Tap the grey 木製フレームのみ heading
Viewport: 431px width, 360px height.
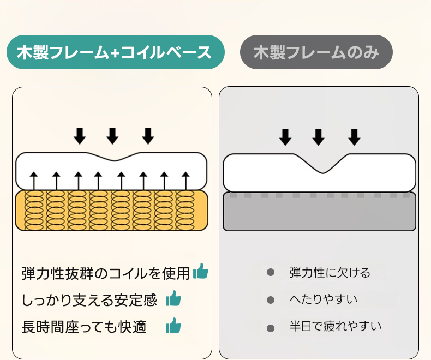[x=316, y=52]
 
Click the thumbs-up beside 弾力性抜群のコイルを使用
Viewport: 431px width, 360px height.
[x=201, y=271]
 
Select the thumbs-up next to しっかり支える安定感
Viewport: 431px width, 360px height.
[x=173, y=298]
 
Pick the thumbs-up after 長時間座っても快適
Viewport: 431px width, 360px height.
[x=173, y=326]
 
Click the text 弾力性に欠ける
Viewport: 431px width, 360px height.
[x=330, y=272]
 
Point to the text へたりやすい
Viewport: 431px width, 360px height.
[x=323, y=299]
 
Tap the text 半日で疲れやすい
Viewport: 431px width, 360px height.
[x=335, y=327]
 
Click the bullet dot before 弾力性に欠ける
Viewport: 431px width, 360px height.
[x=271, y=272]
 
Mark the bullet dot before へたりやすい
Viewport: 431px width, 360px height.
[x=271, y=299]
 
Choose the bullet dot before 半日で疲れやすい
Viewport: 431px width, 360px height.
[x=271, y=327]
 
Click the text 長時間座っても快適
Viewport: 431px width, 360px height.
[x=84, y=327]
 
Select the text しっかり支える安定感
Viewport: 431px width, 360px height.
[x=89, y=299]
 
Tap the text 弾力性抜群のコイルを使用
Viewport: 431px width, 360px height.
[x=106, y=272]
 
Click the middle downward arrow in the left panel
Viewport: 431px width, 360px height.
[x=112, y=135]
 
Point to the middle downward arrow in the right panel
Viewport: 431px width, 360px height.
[x=319, y=136]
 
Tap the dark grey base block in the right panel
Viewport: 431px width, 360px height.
[x=319, y=213]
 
